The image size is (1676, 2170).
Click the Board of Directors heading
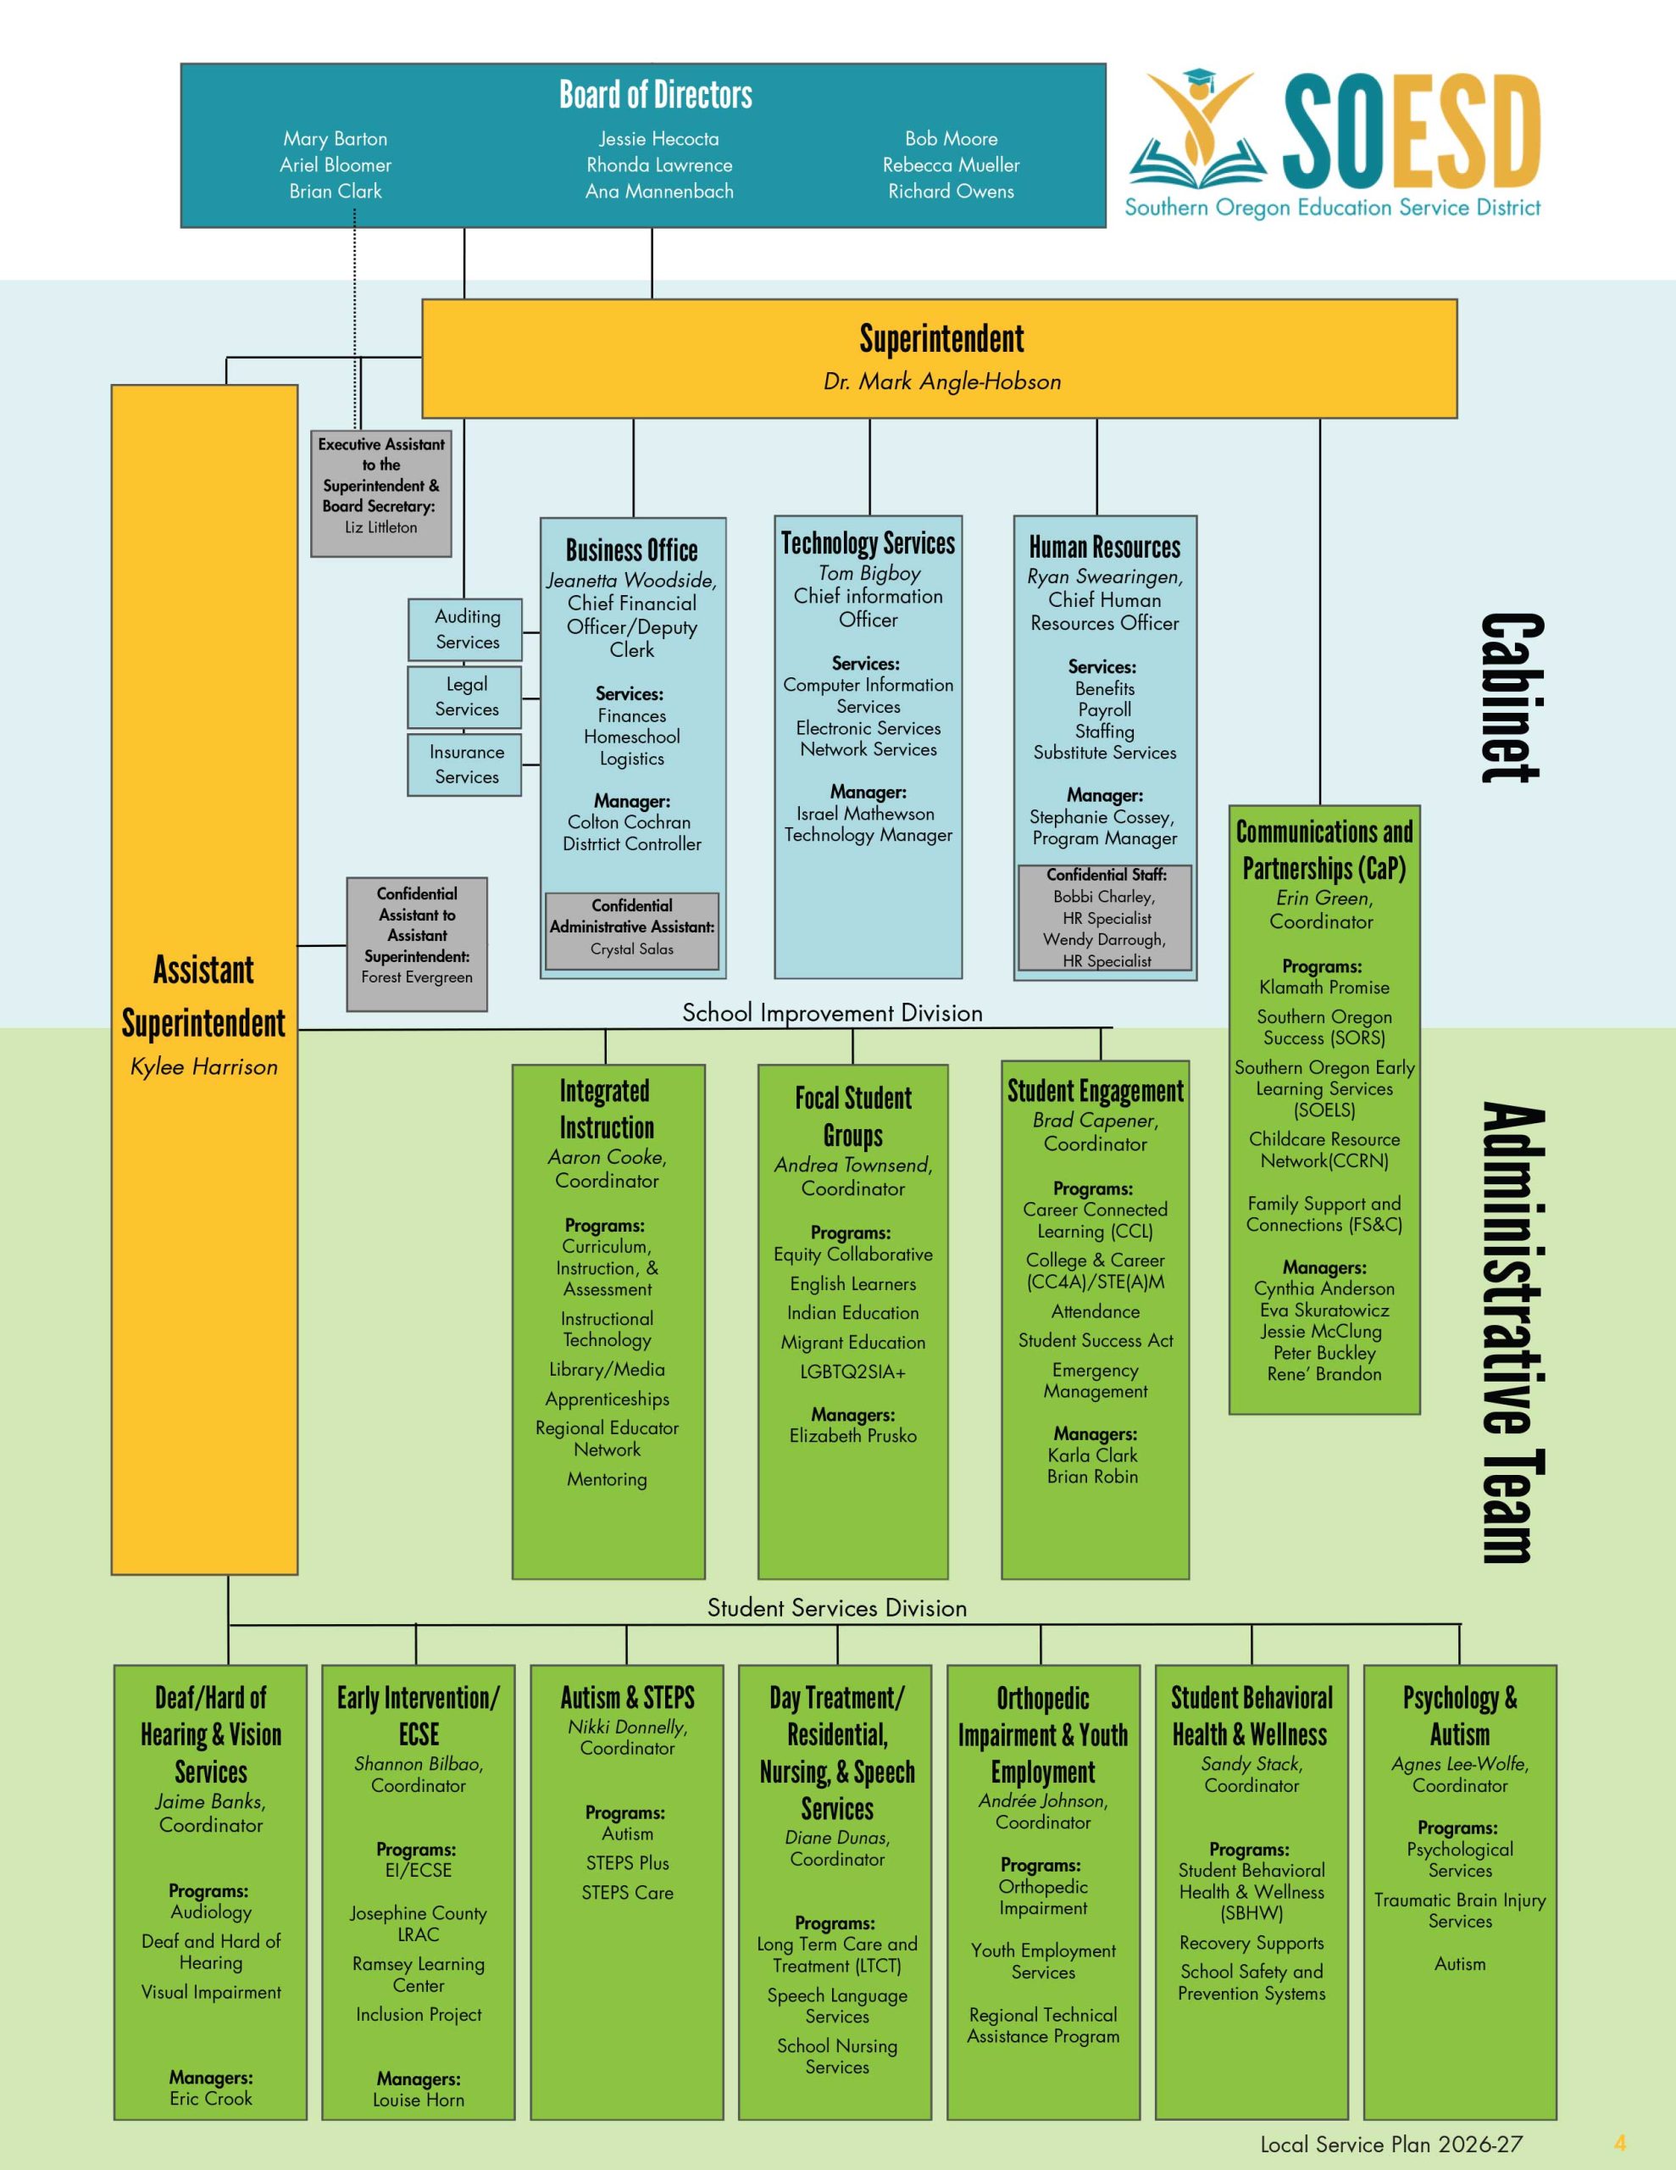tap(656, 96)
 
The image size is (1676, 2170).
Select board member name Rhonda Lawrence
tap(658, 165)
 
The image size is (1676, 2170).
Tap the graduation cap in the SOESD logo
tap(1200, 80)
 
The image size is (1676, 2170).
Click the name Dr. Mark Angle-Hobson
tap(942, 381)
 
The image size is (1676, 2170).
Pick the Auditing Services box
tap(465, 629)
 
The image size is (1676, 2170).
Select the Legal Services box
tap(465, 697)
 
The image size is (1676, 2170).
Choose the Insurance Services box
tap(465, 764)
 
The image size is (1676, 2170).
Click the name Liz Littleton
tap(380, 527)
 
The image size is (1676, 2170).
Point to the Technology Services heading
tap(868, 543)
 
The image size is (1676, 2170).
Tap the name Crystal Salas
tap(632, 949)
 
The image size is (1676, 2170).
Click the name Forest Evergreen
tap(416, 976)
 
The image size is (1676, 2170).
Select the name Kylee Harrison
tap(203, 1067)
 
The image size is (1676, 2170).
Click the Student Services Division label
tap(836, 1608)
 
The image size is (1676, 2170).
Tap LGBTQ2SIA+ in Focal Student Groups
tap(852, 1372)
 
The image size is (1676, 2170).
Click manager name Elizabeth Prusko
tap(852, 1436)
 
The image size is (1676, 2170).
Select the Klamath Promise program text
tap(1324, 988)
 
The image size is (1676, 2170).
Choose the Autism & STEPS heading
tap(627, 1697)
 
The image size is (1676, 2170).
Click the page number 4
tap(1619, 2143)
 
